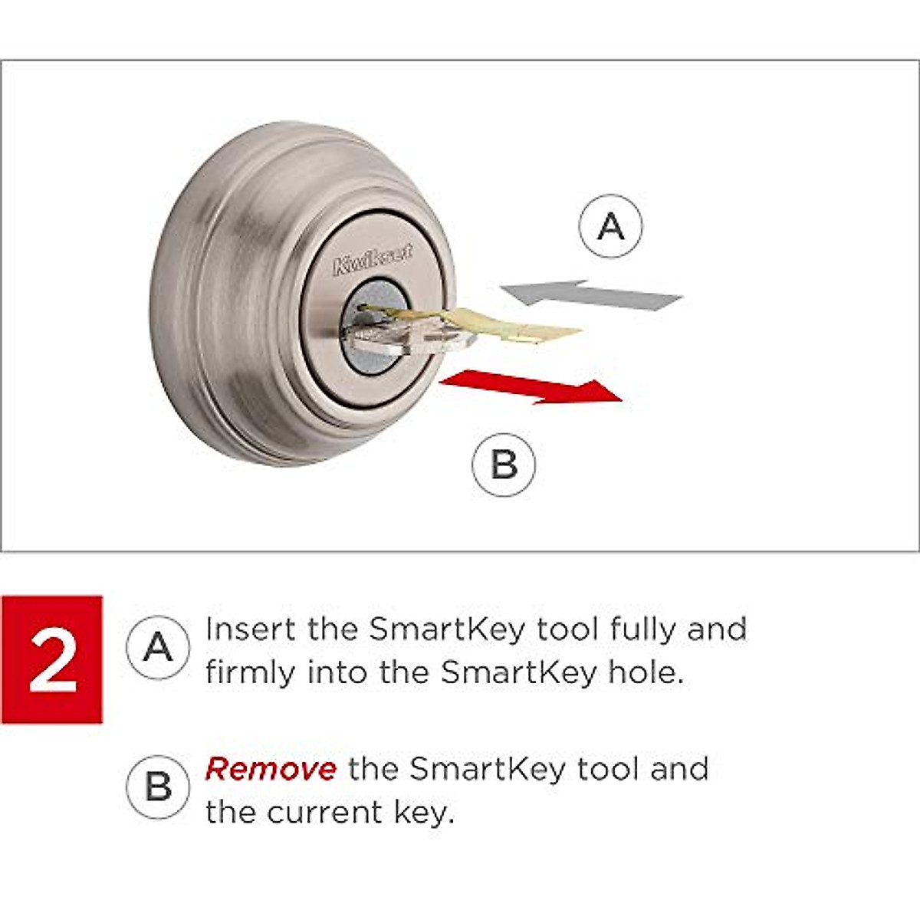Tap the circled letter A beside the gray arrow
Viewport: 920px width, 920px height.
click(610, 226)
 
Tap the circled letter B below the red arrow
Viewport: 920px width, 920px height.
click(504, 465)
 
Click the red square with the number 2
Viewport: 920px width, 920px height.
click(52, 659)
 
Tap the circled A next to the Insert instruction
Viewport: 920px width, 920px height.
click(158, 648)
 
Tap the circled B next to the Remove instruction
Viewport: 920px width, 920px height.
click(158, 787)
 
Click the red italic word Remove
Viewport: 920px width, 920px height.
click(270, 769)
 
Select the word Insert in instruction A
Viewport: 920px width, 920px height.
click(251, 629)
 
